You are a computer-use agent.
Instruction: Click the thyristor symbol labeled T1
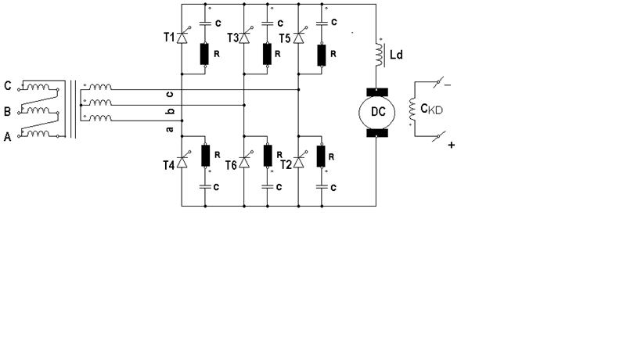[x=182, y=37]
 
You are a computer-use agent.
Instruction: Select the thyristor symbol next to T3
[x=244, y=38]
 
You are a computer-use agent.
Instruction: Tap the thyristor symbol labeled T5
[x=299, y=38]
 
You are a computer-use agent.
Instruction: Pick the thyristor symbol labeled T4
[x=182, y=162]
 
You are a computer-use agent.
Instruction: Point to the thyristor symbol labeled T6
[x=244, y=162]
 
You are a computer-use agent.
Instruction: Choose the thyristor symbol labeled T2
[x=299, y=162]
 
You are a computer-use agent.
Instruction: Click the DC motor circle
[x=377, y=113]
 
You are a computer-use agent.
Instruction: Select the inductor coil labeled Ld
[x=380, y=54]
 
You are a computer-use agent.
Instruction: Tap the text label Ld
[x=396, y=54]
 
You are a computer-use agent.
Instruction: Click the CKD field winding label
[x=432, y=109]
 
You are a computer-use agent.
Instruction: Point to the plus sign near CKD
[x=452, y=145]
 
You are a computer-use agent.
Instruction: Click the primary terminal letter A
[x=7, y=137]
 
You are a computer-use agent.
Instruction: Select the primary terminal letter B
[x=7, y=112]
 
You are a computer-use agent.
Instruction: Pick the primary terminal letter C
[x=7, y=86]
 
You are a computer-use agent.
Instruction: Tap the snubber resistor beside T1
[x=204, y=54]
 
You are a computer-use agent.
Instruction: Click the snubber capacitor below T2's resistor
[x=322, y=187]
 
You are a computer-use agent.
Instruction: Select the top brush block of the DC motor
[x=377, y=92]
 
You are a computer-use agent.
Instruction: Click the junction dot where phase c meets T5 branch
[x=299, y=89]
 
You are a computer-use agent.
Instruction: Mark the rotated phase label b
[x=171, y=110]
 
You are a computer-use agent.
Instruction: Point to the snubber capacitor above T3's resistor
[x=268, y=23]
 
